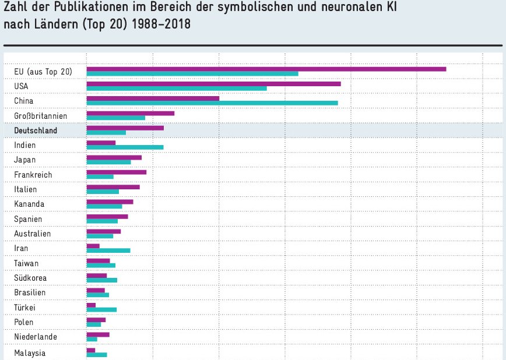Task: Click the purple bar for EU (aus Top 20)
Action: tap(266, 69)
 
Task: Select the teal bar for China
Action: tap(212, 103)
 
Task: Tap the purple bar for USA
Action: tap(213, 83)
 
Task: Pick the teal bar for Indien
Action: tap(125, 147)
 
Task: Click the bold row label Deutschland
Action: tap(36, 130)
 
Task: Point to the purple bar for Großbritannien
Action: tap(130, 113)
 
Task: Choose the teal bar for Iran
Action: tap(108, 250)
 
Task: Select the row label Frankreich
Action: tap(33, 175)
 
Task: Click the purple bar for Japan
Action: tap(114, 157)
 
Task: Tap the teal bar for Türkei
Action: tap(101, 309)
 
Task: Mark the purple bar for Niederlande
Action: tap(98, 334)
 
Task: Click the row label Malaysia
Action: tap(30, 353)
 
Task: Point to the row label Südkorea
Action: tap(30, 278)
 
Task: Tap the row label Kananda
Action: tap(29, 204)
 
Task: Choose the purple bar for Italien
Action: tap(113, 186)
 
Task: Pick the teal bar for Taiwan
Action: tap(101, 265)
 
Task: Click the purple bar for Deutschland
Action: tap(125, 128)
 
